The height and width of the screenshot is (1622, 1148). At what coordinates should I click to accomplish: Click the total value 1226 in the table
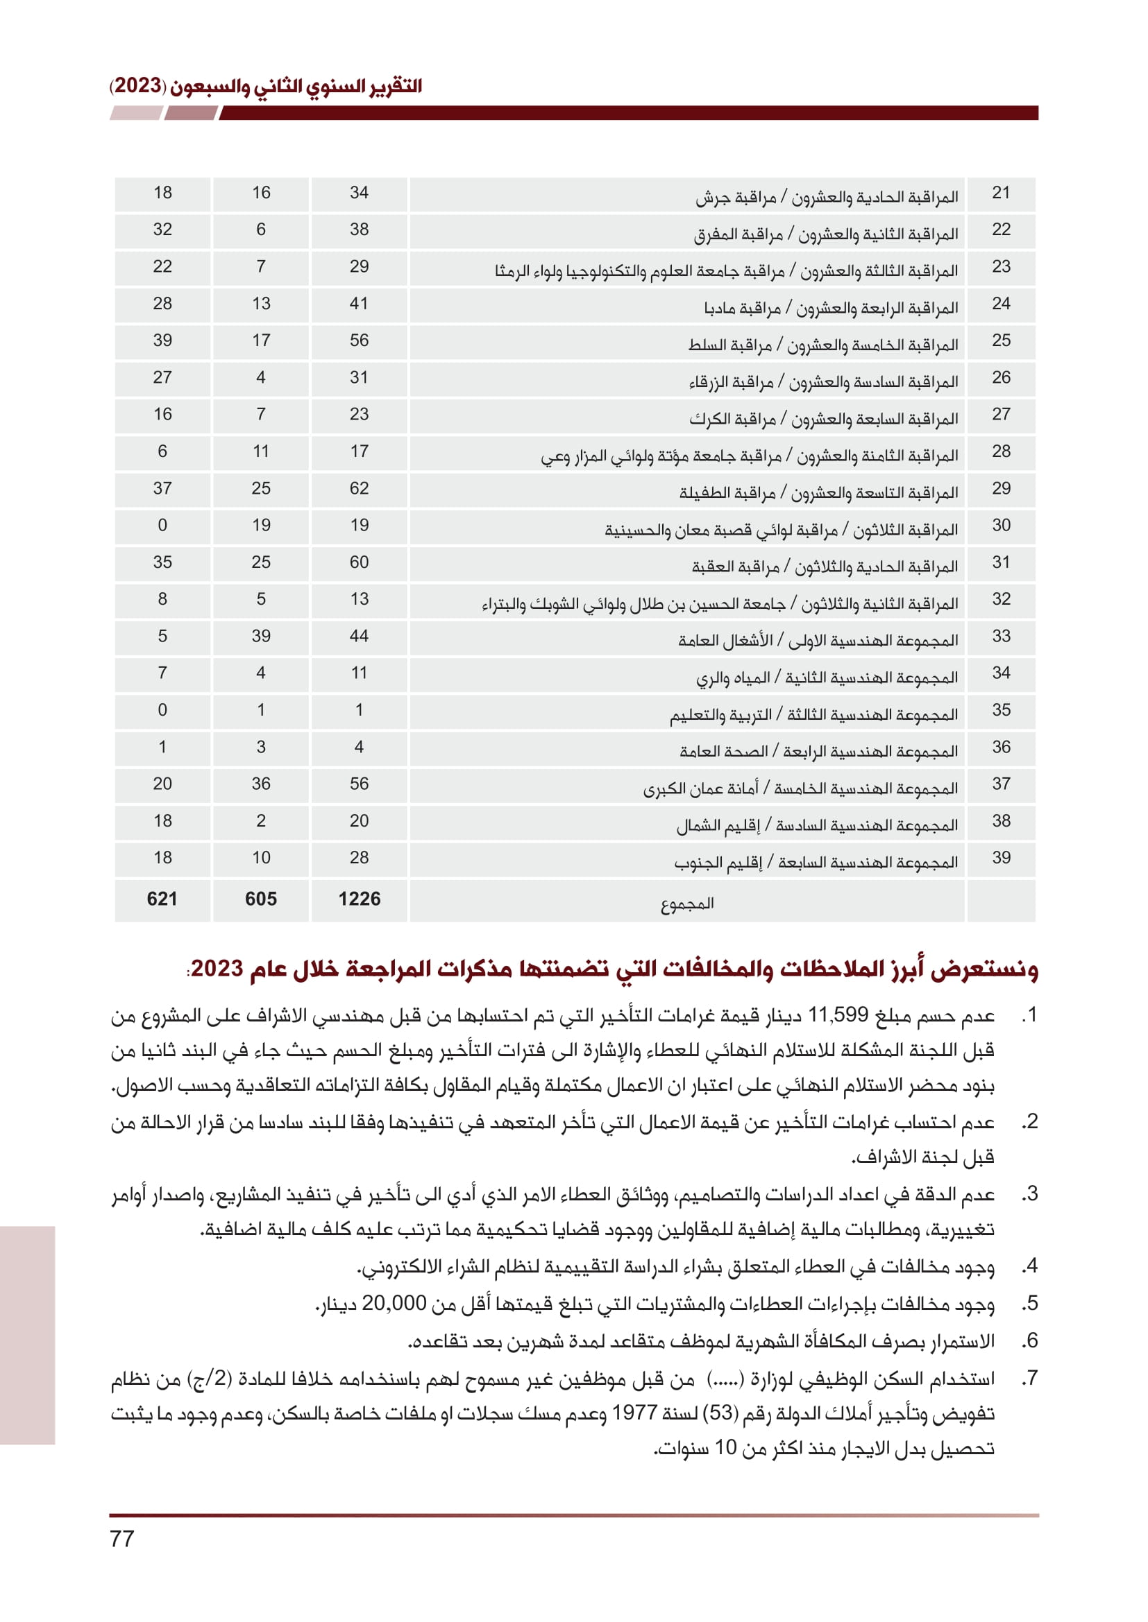tap(359, 899)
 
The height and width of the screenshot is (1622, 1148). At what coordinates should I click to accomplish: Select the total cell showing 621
tap(162, 899)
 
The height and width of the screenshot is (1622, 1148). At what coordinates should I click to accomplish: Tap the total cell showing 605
tap(261, 899)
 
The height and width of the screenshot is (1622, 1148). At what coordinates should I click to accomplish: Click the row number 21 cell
tap(1001, 193)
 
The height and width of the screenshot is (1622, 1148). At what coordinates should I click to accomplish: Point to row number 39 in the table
tap(1001, 858)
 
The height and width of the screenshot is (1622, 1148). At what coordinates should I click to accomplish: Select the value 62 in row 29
tap(359, 488)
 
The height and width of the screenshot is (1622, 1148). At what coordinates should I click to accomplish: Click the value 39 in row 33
tap(261, 636)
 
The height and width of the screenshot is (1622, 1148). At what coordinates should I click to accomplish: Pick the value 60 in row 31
tap(359, 562)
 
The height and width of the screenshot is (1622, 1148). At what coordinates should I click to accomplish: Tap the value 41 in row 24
tap(359, 304)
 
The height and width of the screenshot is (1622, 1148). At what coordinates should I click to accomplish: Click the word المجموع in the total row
tap(687, 903)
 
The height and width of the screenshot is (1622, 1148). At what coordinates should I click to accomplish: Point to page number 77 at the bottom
tap(122, 1539)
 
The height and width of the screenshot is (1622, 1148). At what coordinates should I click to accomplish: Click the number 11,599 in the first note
tap(838, 1015)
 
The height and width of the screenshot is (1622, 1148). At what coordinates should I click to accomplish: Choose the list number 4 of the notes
tap(1031, 1266)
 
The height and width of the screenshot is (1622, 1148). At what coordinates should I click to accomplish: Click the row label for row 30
tap(781, 530)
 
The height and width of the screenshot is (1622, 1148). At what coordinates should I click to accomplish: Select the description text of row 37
tap(800, 788)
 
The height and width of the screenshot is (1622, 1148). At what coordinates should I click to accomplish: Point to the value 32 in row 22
tap(162, 230)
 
